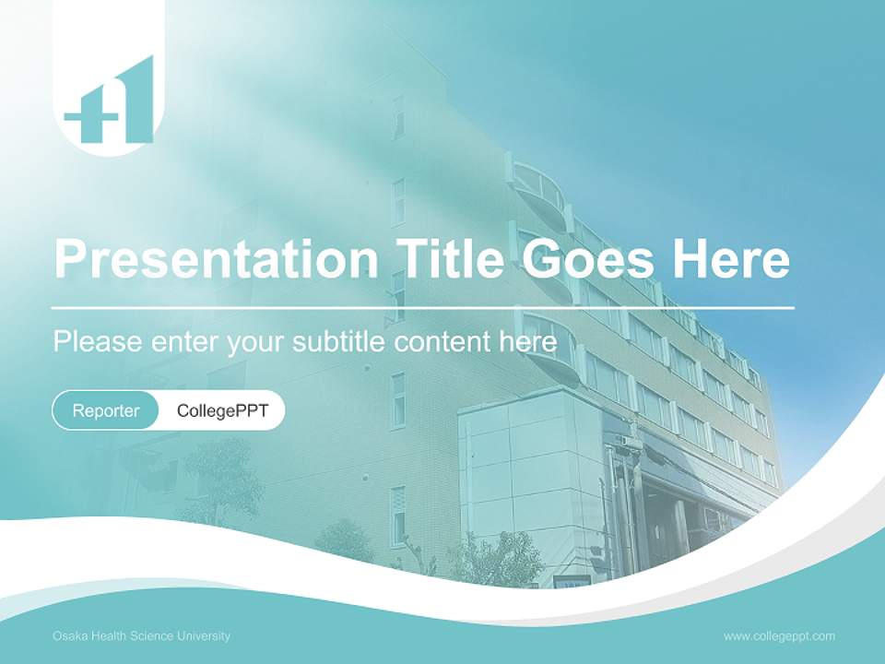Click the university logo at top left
109,101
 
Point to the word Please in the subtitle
98,342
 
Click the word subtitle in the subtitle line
339,342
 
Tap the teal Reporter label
106,410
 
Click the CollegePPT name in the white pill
222,410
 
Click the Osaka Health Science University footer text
141,636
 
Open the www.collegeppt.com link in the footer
779,636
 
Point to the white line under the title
423,307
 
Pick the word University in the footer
205,636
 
